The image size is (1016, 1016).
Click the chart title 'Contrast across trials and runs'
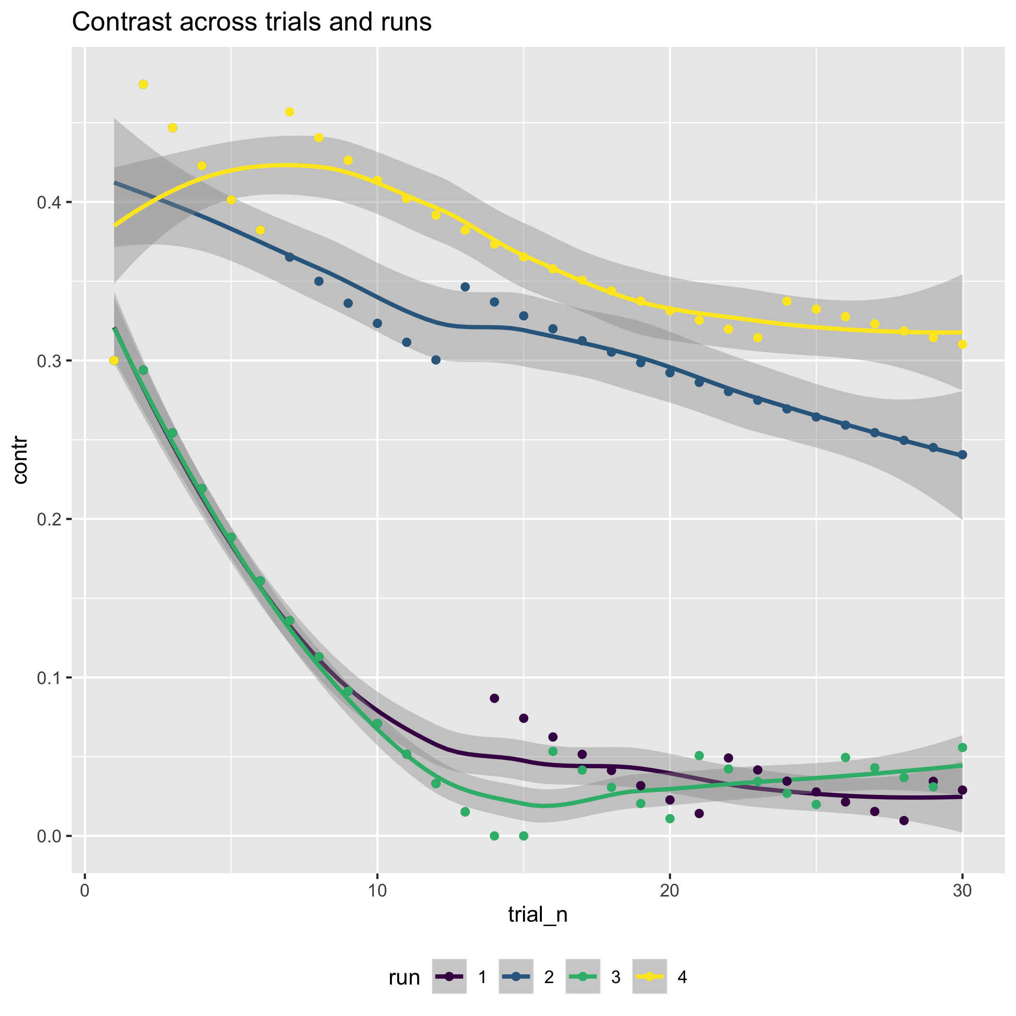[x=252, y=23]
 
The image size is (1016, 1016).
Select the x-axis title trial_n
[x=538, y=914]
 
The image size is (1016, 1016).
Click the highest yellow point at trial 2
[x=143, y=84]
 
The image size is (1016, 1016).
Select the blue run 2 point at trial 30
[x=962, y=455]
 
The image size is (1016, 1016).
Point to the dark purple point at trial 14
[x=494, y=698]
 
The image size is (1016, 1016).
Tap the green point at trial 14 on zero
[x=494, y=836]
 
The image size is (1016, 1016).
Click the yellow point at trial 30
[x=962, y=344]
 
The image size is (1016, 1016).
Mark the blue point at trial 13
[x=465, y=286]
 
